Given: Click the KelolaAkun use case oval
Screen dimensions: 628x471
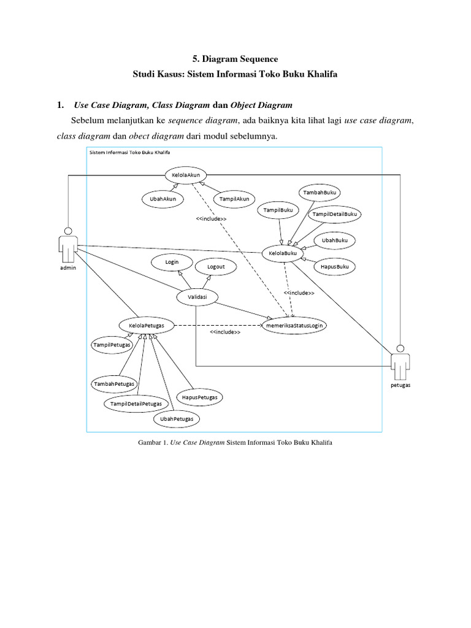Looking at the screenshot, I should coord(186,174).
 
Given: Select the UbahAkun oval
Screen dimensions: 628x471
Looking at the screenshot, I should coord(162,199).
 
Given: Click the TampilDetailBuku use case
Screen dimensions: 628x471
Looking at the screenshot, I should coord(335,214).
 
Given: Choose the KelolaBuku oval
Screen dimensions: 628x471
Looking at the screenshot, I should coord(283,253).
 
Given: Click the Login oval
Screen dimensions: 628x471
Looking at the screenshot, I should coord(172,262).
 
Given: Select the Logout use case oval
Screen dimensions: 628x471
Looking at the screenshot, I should coord(216,267).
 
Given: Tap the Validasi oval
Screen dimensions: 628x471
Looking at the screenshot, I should coord(197,297).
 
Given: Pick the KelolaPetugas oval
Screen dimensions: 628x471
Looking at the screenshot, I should coord(146,324).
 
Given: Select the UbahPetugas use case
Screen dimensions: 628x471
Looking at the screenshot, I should coord(177,419).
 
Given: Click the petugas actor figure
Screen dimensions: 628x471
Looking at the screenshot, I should coord(400,363).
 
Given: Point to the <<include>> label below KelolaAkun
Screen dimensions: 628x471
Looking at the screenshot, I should coord(211,219).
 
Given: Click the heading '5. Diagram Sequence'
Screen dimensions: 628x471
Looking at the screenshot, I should coord(235,59).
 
